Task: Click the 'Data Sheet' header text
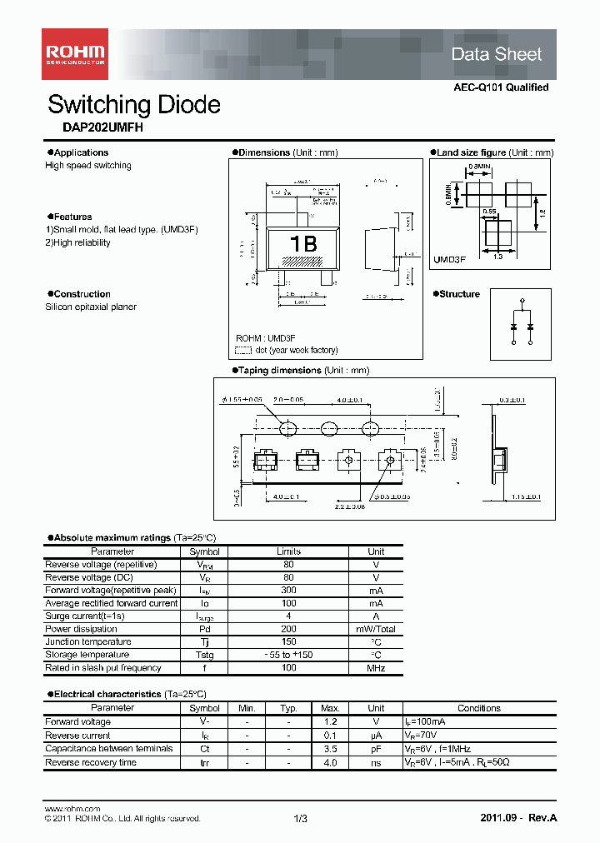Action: (x=496, y=54)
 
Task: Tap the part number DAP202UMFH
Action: (x=92, y=128)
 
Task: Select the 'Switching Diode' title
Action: (x=134, y=105)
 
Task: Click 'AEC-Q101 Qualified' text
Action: (x=501, y=87)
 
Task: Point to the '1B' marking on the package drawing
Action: (x=302, y=244)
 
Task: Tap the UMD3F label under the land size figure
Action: (x=449, y=260)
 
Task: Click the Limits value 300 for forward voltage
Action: (x=288, y=590)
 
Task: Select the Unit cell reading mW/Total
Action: (x=376, y=629)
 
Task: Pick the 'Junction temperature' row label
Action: (x=87, y=642)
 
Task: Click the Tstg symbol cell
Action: (x=204, y=655)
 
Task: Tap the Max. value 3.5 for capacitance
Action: (x=330, y=749)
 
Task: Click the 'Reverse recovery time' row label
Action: (x=91, y=762)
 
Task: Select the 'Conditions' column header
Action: (x=478, y=708)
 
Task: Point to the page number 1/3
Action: (x=301, y=818)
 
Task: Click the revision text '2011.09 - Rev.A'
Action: (x=518, y=818)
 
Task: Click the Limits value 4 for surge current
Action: (x=288, y=616)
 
